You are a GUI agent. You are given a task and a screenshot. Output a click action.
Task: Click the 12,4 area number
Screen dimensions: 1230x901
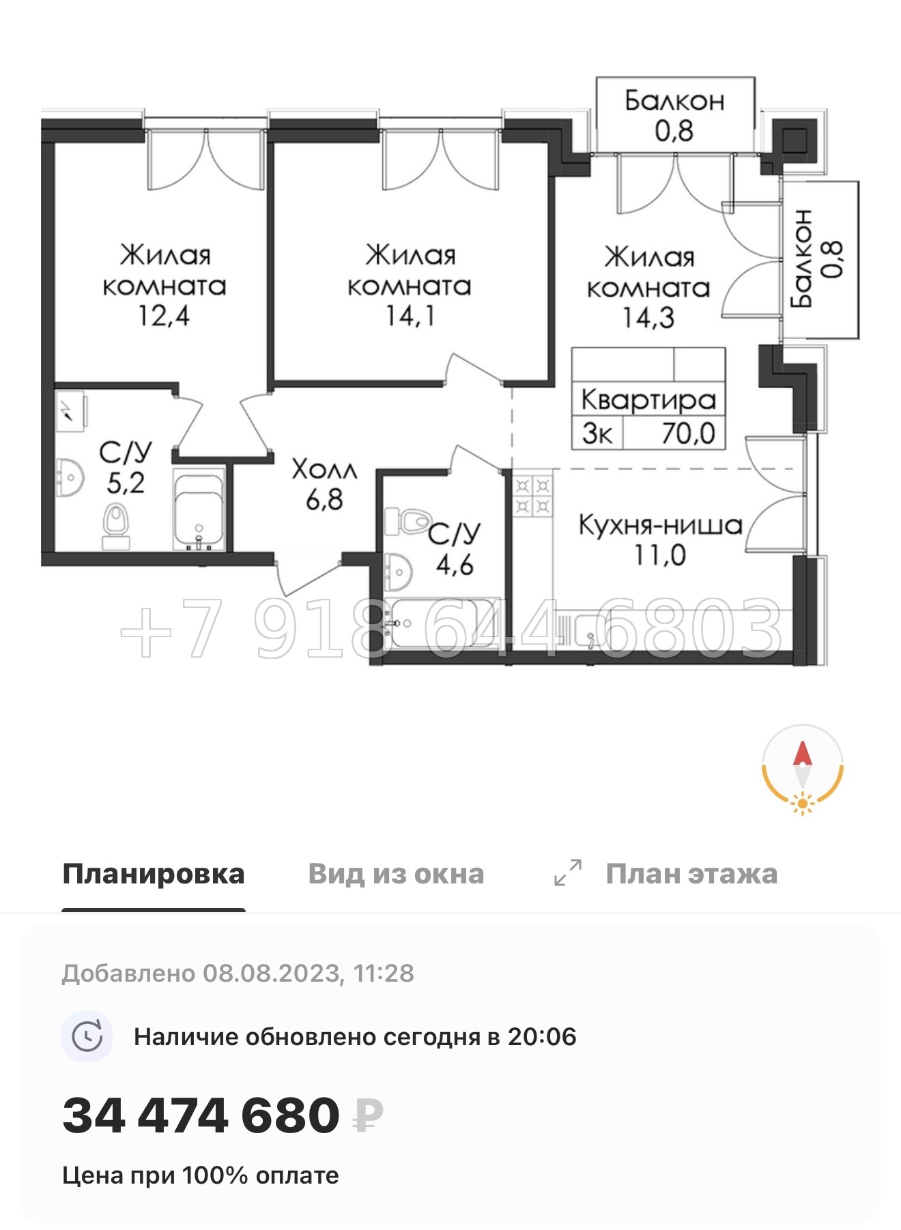[x=164, y=316]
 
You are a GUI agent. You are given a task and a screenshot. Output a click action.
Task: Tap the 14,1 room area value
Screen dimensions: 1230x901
[x=410, y=316]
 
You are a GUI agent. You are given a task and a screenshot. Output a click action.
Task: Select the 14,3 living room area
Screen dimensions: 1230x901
[x=648, y=318]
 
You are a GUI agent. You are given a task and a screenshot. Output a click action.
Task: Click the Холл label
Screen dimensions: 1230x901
[x=324, y=469]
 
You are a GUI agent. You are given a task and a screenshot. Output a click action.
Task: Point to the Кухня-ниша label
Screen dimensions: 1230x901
[x=660, y=525]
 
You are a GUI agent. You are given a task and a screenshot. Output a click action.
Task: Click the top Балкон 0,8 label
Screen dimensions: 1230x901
[x=674, y=115]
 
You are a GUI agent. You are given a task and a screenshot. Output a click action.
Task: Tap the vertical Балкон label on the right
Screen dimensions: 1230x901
[x=802, y=259]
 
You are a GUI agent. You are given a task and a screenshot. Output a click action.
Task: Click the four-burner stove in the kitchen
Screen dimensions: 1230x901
[x=532, y=496]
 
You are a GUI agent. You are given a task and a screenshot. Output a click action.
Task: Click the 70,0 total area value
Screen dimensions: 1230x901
[x=687, y=433]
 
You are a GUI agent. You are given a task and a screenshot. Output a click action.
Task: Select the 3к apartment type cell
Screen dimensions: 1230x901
[x=597, y=434]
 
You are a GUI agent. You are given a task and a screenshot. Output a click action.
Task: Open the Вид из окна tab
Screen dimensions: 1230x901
[x=396, y=874]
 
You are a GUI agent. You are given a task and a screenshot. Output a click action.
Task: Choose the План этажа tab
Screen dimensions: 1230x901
[x=691, y=874]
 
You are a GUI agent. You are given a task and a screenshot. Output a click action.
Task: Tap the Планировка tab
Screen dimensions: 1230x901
[x=154, y=874]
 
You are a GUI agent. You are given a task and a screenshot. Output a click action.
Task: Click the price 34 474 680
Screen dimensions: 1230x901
[x=201, y=1116]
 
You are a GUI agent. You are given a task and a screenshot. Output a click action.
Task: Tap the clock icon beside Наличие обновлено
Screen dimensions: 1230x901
[x=87, y=1036]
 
